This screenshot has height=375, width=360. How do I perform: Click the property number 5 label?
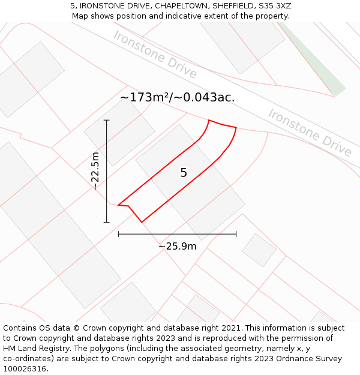tap(184, 173)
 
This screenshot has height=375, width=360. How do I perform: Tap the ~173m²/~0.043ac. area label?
tap(177, 97)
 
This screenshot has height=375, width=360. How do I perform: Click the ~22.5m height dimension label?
tap(95, 171)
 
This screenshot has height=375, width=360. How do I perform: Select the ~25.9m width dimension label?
tap(178, 246)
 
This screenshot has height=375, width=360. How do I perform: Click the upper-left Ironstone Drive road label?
tap(155, 55)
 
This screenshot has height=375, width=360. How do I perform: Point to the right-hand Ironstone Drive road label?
tap(310, 132)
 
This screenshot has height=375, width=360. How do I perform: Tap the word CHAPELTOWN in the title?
tap(181, 6)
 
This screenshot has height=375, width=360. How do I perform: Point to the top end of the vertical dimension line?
tap(107, 120)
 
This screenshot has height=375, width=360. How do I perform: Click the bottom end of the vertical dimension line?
tap(107, 223)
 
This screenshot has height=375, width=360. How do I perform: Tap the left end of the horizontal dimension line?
tap(118, 234)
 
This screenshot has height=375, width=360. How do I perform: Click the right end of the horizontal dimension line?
tap(236, 234)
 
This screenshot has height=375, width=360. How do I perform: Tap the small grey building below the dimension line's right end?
tap(259, 250)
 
